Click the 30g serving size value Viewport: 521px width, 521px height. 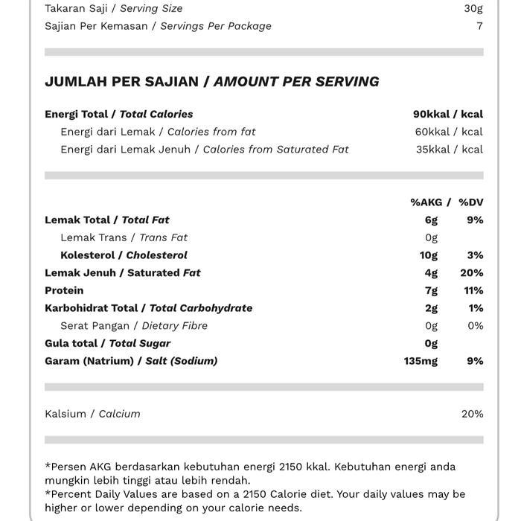473,8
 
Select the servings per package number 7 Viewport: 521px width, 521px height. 479,26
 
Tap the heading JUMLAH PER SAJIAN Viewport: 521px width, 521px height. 121,82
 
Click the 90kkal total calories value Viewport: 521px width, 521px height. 431,114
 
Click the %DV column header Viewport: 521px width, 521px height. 471,202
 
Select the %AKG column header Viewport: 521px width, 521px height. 426,202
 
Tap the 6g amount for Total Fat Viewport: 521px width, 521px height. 431,220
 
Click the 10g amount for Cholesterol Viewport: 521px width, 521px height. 429,255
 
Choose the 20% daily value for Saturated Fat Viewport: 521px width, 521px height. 472,273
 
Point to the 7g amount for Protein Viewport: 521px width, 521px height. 431,290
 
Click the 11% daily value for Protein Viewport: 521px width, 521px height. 473,290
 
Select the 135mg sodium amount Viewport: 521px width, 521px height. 421,361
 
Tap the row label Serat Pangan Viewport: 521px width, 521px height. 95,326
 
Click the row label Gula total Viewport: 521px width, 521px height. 71,343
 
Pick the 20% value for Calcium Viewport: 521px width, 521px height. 472,414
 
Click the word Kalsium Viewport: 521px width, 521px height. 65,414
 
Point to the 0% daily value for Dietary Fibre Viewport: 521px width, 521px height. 475,326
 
